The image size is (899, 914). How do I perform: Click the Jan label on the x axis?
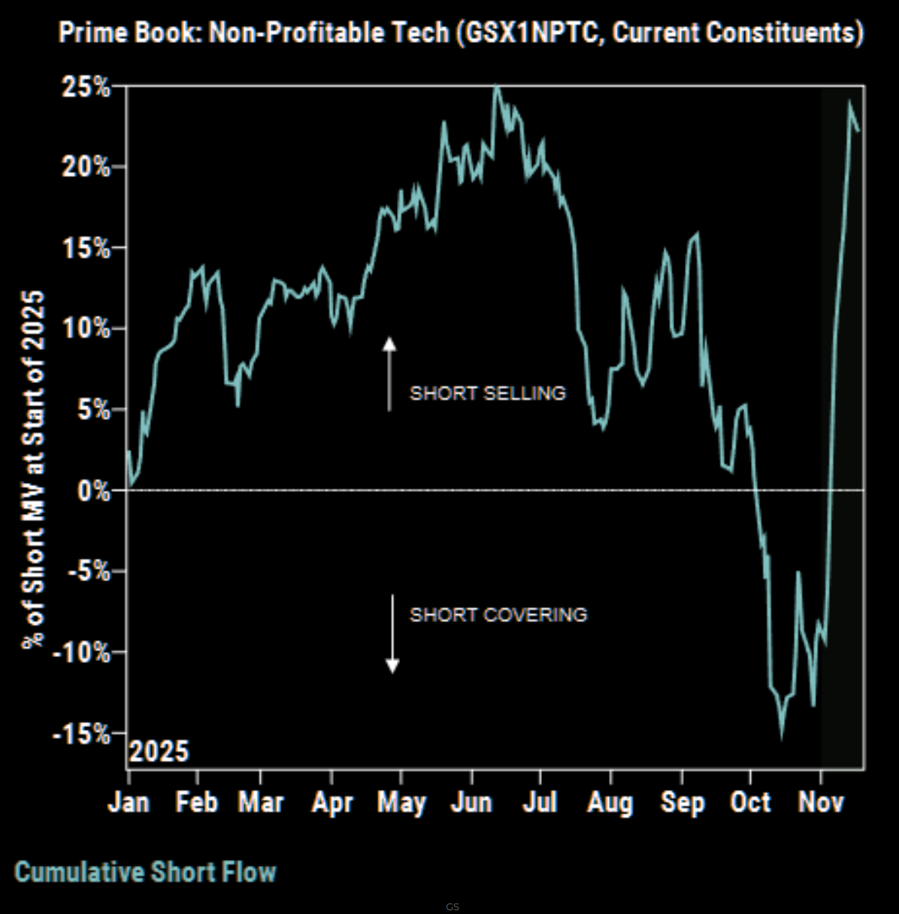click(x=128, y=802)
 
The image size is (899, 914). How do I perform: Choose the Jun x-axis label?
click(x=471, y=802)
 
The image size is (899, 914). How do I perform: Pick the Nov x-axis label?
click(x=821, y=802)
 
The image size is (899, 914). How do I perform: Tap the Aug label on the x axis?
click(x=610, y=802)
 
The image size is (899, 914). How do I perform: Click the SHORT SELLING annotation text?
click(x=487, y=393)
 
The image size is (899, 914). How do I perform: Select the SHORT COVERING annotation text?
click(x=498, y=614)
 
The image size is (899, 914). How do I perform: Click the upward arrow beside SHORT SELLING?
click(x=389, y=374)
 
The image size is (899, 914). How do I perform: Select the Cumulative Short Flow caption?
click(x=145, y=872)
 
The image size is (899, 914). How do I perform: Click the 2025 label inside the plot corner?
click(x=159, y=751)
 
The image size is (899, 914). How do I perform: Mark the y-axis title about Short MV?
click(x=33, y=469)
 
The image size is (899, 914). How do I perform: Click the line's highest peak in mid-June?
click(x=496, y=88)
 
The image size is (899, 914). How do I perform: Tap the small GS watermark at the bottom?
click(x=452, y=906)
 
